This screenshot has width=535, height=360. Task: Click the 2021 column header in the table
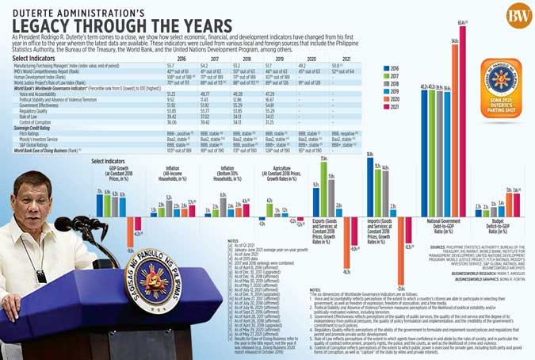coord(338,59)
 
